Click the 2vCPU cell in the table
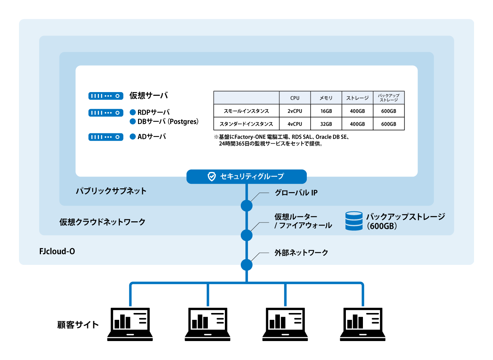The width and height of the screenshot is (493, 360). click(x=295, y=111)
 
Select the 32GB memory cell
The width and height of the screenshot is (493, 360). click(x=326, y=124)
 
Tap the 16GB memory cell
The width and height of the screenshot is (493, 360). click(x=326, y=111)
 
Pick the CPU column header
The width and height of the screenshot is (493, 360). click(x=295, y=98)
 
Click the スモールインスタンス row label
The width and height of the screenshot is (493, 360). click(x=246, y=111)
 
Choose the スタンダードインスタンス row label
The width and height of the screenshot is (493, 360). click(x=246, y=124)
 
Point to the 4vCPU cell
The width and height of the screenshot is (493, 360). click(x=295, y=124)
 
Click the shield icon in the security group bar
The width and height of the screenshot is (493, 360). click(x=212, y=177)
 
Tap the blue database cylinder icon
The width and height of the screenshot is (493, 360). click(x=354, y=221)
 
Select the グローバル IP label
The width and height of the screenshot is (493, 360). click(x=296, y=193)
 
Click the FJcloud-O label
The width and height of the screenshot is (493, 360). click(x=57, y=251)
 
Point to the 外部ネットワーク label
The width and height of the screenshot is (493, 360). click(x=301, y=253)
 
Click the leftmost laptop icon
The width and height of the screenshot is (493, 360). click(x=130, y=324)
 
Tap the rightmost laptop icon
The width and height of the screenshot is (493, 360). click(x=363, y=324)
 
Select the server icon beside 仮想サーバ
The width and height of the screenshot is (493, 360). click(x=106, y=96)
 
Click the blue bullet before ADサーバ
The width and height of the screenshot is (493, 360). click(x=133, y=136)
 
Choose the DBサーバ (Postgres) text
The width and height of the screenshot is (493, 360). click(x=168, y=121)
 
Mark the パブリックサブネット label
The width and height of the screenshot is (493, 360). click(x=111, y=191)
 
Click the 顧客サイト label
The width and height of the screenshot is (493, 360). click(x=78, y=325)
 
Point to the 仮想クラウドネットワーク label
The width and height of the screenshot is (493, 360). click(x=102, y=222)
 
